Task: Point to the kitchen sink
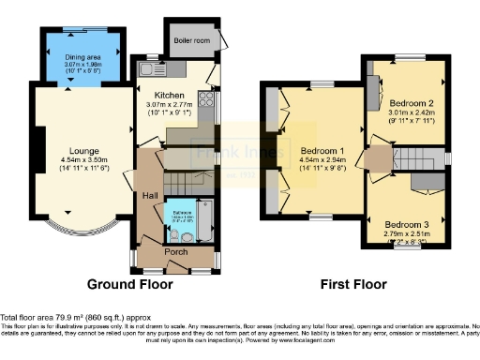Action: (150, 69)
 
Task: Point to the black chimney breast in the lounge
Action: (39, 148)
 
